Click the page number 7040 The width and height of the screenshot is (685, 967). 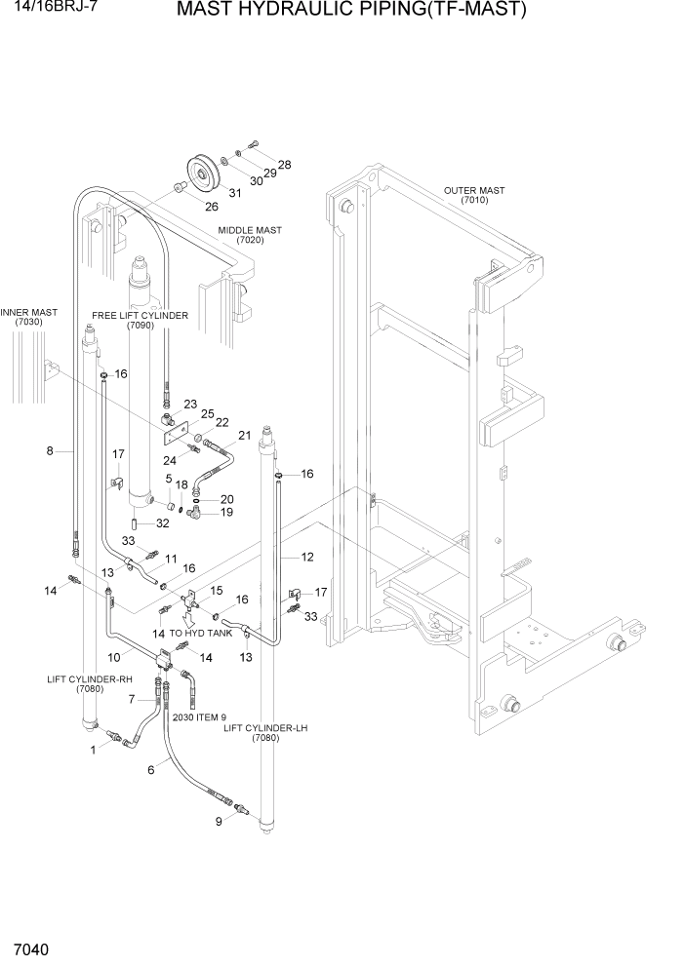pos(31,948)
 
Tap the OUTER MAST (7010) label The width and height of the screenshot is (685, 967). pos(474,196)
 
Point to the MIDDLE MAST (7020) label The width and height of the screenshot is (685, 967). pos(250,235)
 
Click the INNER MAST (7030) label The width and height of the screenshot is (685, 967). pos(29,317)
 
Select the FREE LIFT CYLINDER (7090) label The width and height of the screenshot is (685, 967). pos(141,321)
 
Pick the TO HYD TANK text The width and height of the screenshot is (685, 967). pos(201,633)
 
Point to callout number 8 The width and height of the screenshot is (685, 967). pos(49,451)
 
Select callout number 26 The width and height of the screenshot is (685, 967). pos(211,206)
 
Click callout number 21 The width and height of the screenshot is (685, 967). pos(244,435)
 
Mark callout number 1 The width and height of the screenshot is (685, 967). pos(93,749)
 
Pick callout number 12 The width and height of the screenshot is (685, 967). pos(306,557)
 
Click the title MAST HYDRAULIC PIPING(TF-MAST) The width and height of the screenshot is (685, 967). pos(351,11)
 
